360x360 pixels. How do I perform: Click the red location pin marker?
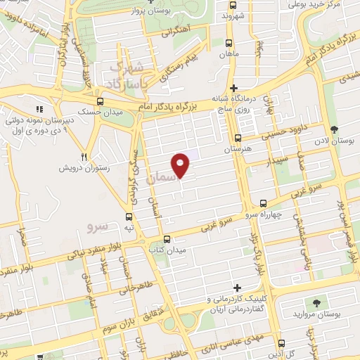click(x=181, y=165)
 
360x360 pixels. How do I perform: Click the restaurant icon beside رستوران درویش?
click(x=84, y=157)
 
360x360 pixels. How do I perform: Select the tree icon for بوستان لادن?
click(x=333, y=129)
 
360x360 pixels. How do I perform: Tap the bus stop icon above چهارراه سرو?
click(x=263, y=202)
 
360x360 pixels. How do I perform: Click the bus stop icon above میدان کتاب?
click(x=166, y=238)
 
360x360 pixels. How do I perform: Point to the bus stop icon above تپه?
click(x=128, y=217)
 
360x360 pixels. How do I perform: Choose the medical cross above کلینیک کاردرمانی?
click(x=237, y=288)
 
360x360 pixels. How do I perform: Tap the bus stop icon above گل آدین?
click(x=281, y=344)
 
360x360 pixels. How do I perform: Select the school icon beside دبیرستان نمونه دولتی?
click(x=39, y=110)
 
